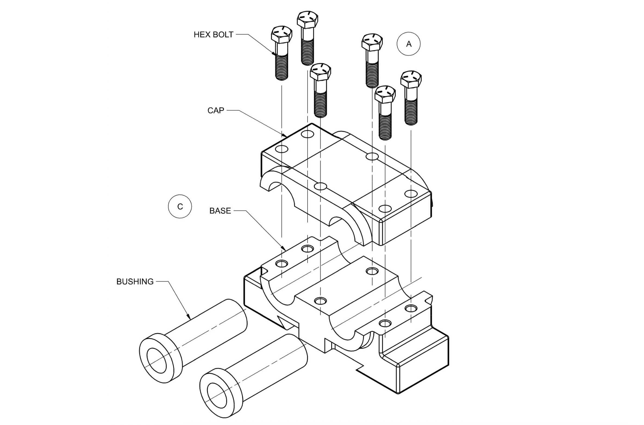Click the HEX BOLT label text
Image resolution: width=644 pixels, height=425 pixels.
point(213,35)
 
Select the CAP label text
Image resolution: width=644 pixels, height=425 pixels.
point(216,110)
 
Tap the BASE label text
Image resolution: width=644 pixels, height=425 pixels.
point(220,211)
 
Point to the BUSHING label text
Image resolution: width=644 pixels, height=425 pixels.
point(135,282)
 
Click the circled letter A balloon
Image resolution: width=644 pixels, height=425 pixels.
point(408,44)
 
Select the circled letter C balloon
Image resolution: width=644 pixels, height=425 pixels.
point(180,207)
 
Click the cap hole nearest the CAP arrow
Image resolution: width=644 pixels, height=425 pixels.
point(282,149)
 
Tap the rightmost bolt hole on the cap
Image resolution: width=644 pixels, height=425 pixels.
point(411,194)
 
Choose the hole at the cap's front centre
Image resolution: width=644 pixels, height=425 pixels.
point(320,186)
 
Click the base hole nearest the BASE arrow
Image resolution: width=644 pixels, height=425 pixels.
point(282,263)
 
